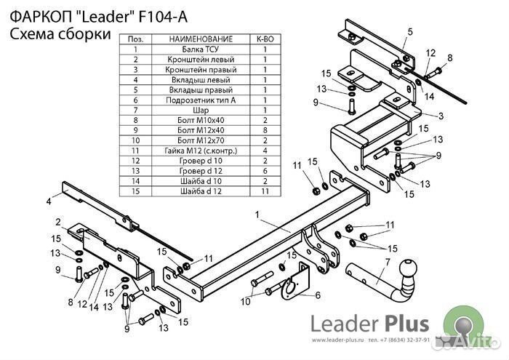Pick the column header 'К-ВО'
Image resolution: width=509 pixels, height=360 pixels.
coord(265,39)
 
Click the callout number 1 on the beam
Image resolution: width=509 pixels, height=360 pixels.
coord(257,215)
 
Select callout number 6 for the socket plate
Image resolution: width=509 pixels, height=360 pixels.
coord(318,295)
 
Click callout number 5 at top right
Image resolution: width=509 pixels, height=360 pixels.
coord(409,31)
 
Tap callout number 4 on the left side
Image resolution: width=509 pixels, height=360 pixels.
coord(49,200)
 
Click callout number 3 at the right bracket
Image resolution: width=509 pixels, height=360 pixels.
coord(441,116)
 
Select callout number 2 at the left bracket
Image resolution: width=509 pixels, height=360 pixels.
coord(57,221)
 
